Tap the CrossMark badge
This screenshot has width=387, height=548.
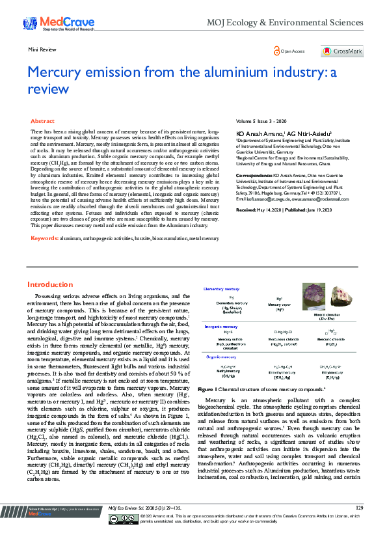[x=342, y=51]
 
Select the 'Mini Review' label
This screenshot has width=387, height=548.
[x=40, y=49]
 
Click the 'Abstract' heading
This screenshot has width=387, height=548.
[x=42, y=122]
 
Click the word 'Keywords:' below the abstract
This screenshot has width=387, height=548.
[x=45, y=239]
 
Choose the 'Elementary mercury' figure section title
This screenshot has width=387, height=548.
[x=222, y=288]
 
